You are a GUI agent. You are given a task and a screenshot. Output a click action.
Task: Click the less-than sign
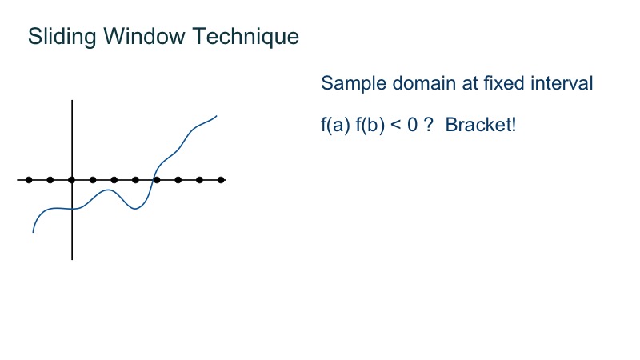(396, 126)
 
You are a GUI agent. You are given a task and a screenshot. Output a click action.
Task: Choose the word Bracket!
(482, 126)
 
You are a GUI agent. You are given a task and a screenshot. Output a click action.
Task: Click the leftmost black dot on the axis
(29, 180)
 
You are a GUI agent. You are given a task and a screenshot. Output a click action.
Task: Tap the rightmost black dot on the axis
(221, 180)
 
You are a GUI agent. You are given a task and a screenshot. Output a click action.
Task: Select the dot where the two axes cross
(72, 180)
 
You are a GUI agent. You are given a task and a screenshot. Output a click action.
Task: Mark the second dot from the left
(50, 180)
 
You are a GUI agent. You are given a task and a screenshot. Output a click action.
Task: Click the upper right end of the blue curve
(217, 115)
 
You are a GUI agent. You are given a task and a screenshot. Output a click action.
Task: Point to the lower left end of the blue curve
(33, 232)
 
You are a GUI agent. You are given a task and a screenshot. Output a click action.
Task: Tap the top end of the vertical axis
(72, 102)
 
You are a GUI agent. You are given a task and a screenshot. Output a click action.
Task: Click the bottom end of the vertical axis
(72, 258)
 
